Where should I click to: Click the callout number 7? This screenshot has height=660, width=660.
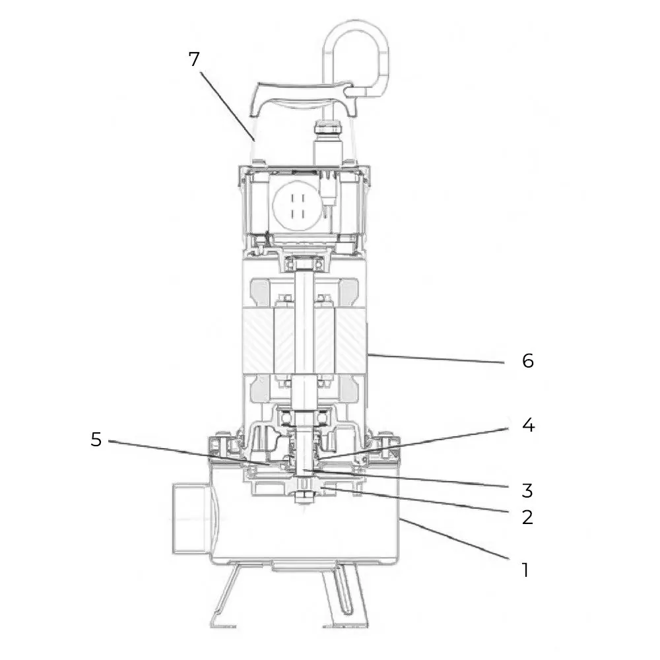(x=193, y=59)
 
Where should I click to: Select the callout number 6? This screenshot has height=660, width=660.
(x=527, y=361)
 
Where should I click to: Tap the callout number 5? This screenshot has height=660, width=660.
(x=96, y=440)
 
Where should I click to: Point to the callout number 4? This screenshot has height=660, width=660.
(x=527, y=426)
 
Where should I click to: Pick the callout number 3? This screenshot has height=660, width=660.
(x=527, y=490)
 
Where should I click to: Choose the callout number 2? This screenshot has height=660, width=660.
(x=527, y=517)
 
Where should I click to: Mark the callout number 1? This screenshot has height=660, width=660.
(x=525, y=569)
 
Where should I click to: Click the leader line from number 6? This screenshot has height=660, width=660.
(x=436, y=358)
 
